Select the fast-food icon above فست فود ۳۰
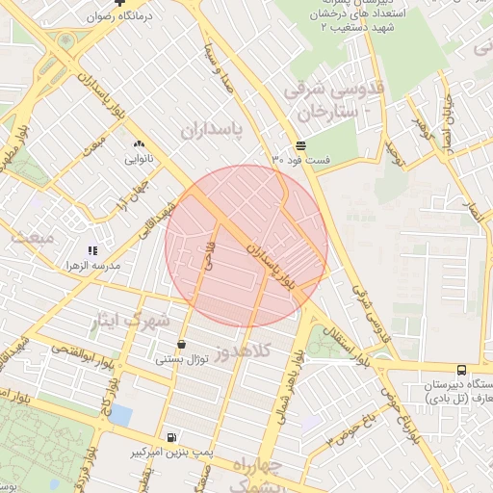tap(301, 144)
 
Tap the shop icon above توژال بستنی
tap(181, 345)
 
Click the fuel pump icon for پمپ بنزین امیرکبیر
tap(171, 436)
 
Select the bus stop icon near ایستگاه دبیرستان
tap(461, 369)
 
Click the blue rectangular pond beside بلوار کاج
tap(120, 415)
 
